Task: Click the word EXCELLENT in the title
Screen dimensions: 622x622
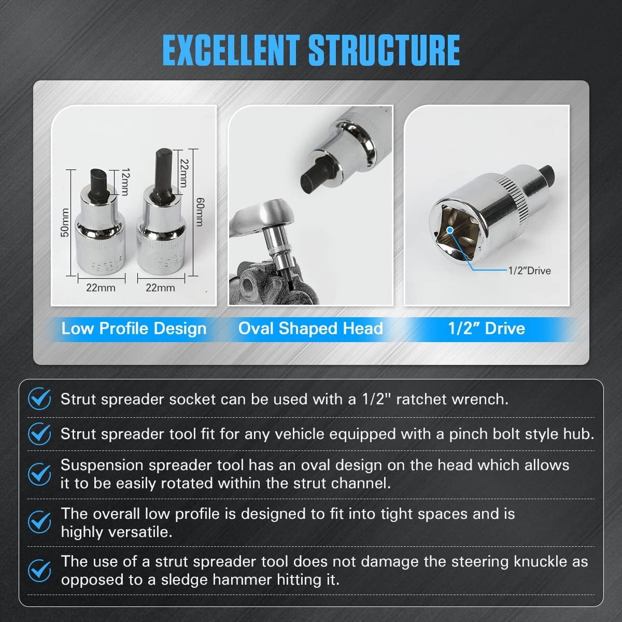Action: coord(231,50)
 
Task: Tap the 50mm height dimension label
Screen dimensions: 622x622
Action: coord(64,222)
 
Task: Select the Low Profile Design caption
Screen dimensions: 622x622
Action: coord(134,329)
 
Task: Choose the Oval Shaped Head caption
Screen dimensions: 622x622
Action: coord(310,329)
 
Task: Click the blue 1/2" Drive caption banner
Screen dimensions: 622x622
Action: coord(486,329)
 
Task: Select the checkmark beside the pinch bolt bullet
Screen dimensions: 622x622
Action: coord(39,433)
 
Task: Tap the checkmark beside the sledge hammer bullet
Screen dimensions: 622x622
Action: coord(39,570)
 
